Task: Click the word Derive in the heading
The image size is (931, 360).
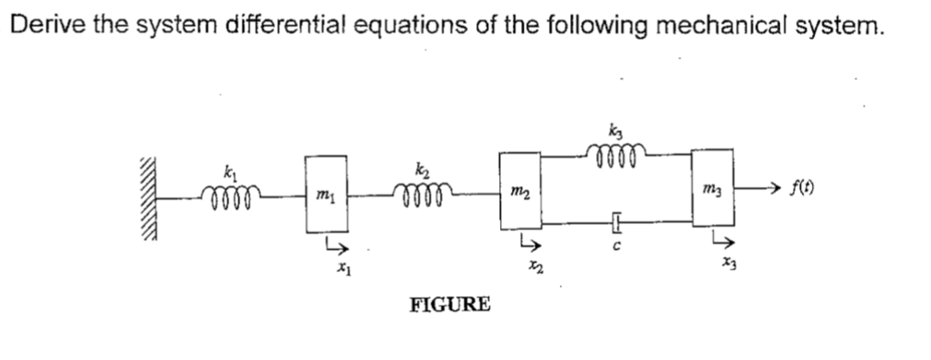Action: [x=42, y=24]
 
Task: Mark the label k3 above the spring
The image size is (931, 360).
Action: [x=619, y=132]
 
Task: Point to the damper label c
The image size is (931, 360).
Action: [x=615, y=246]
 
